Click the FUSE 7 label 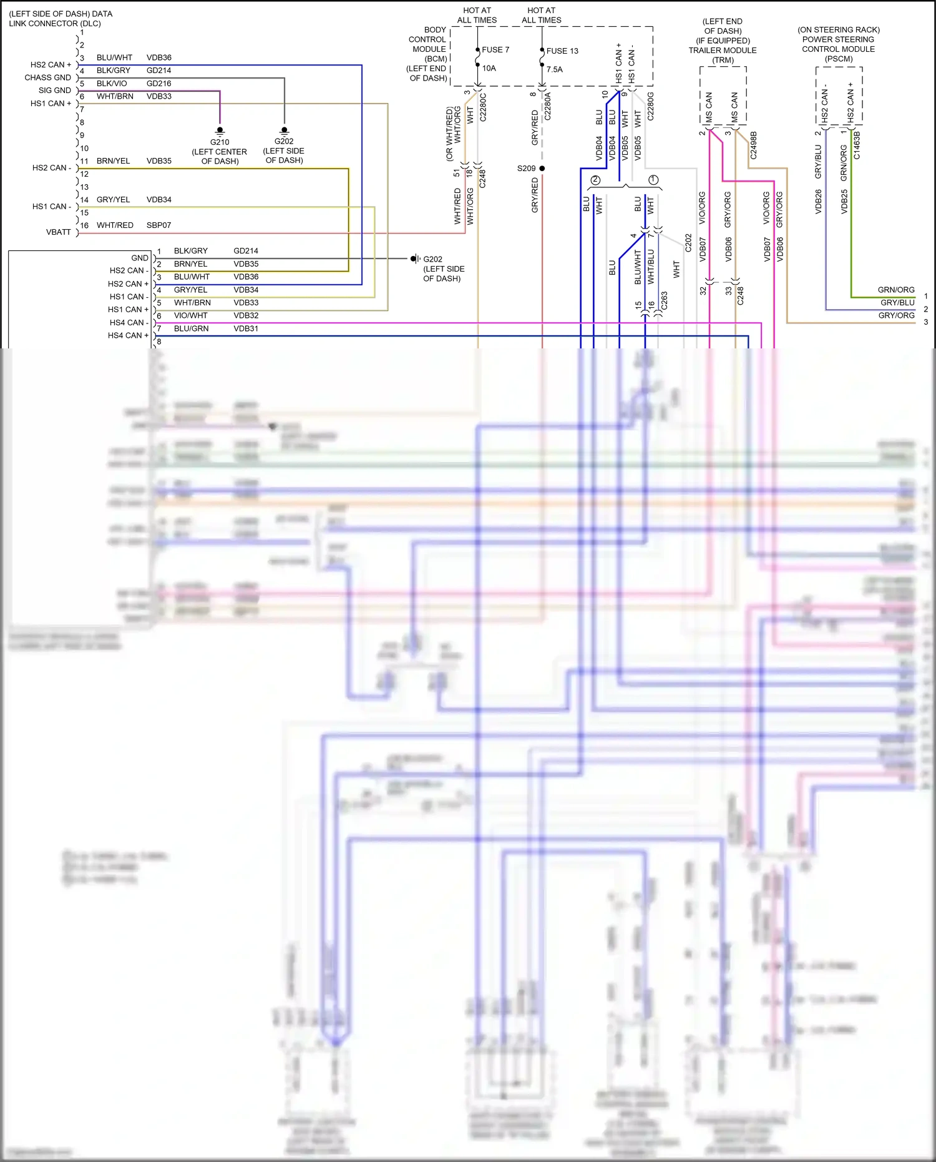pos(495,50)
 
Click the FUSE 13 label pos(562,51)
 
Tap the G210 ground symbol pos(220,130)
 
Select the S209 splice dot pos(542,169)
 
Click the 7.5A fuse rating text pos(554,69)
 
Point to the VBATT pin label pos(59,232)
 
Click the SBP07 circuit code pos(158,225)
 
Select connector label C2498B pos(753,145)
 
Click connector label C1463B pos(857,145)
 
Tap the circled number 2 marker pos(595,180)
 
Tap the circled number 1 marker pos(653,180)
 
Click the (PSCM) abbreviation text pos(838,59)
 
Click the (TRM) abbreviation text pos(723,61)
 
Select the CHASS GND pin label pos(47,78)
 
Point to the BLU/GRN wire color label pos(191,329)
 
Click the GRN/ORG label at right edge pos(895,290)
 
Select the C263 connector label pos(664,300)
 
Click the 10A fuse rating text pos(489,69)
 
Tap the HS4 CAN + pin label pos(128,336)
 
